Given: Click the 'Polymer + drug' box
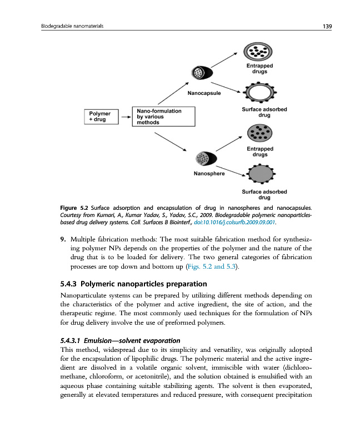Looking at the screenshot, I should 100,118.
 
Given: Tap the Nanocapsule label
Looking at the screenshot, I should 204,93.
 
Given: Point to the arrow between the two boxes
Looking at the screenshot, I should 124,118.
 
